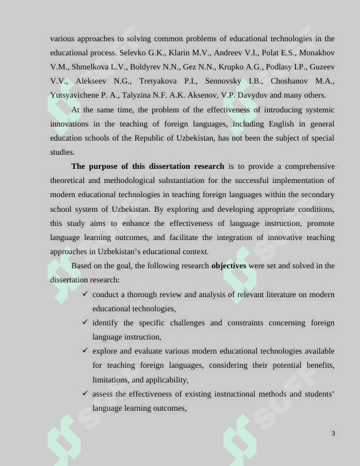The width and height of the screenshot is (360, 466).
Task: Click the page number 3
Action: (x=333, y=434)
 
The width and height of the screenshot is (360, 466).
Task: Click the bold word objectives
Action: (x=228, y=266)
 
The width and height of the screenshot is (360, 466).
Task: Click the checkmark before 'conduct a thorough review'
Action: (x=86, y=294)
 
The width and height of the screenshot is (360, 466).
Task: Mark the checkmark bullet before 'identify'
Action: (x=86, y=322)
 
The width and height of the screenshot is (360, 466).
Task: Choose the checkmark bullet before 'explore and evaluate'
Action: (x=86, y=351)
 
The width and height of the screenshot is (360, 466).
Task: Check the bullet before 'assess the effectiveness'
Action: (x=86, y=394)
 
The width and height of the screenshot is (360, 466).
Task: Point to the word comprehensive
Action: (x=305, y=167)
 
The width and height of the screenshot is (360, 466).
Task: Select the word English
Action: (x=265, y=124)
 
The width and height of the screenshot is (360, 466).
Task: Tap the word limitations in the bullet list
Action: (x=112, y=380)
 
